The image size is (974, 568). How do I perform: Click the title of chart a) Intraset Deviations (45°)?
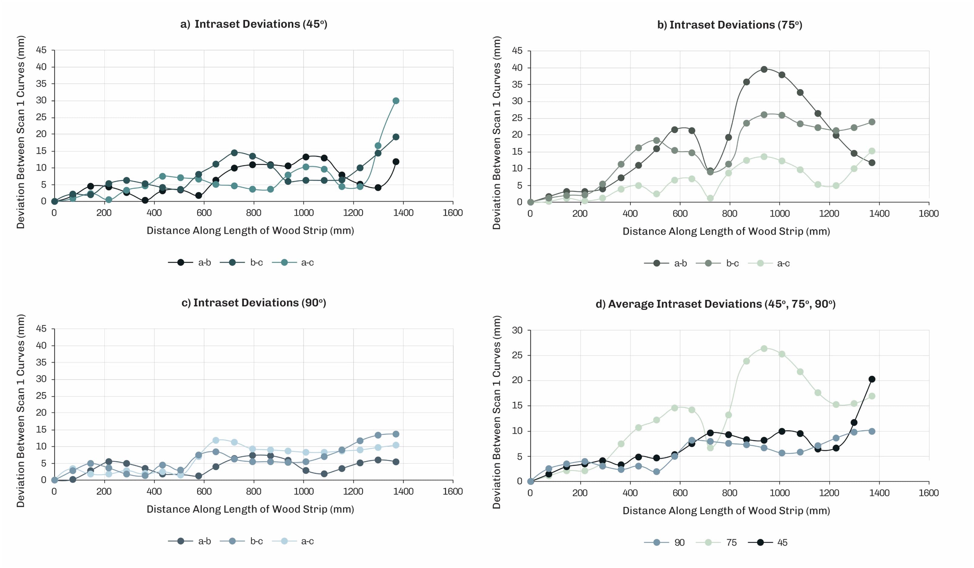[254, 24]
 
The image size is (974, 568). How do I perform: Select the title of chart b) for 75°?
[730, 25]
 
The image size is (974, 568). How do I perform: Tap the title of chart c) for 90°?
[254, 303]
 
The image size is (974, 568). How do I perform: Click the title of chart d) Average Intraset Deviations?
[715, 304]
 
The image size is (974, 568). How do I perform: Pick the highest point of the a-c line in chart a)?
[396, 101]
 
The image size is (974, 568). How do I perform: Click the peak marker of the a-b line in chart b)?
[764, 69]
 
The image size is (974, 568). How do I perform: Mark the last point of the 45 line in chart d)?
[872, 379]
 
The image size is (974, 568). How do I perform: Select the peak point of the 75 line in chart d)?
[764, 348]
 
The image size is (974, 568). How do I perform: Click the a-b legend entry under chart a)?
[189, 262]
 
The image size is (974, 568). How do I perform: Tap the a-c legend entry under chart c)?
[293, 541]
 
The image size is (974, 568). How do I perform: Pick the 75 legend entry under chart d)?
[716, 542]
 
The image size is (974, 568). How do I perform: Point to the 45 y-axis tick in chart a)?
[41, 50]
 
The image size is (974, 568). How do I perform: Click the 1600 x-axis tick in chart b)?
[928, 214]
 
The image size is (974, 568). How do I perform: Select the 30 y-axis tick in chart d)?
[517, 330]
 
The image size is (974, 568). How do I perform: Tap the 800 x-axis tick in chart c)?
[254, 491]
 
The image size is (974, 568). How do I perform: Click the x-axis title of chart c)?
[250, 509]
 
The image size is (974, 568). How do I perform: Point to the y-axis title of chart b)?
[496, 133]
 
